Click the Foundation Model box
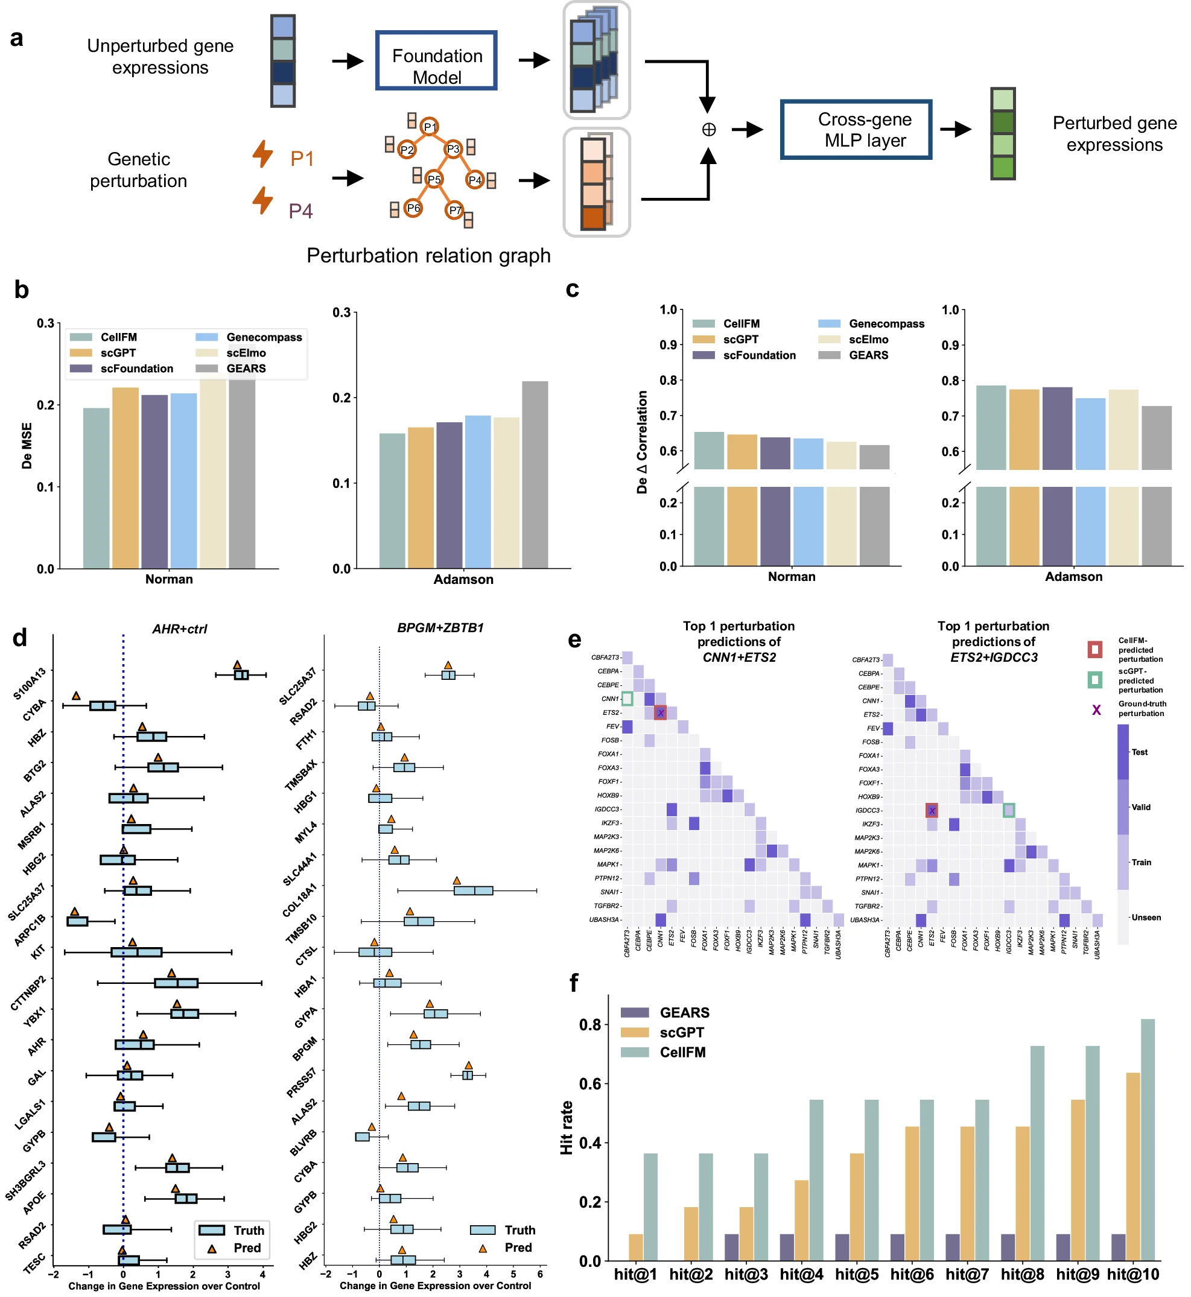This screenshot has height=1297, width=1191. pos(436,60)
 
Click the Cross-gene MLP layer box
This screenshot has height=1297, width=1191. pos(856,130)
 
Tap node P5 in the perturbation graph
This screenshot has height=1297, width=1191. pos(434,180)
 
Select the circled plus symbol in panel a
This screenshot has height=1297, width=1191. pos(708,130)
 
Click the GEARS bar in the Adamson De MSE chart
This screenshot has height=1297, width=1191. pos(535,475)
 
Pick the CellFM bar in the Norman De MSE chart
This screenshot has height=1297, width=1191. pos(96,488)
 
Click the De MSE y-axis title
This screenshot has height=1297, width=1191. pos(27,445)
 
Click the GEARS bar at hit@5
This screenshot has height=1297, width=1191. pos(842,1248)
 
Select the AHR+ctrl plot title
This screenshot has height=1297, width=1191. pos(180,629)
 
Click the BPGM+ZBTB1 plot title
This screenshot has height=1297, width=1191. pos(440,627)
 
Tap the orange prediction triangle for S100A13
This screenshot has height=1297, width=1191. pos(237,665)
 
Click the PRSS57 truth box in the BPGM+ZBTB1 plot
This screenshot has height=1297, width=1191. pos(468,1075)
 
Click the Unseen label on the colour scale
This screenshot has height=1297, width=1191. pos(1146,918)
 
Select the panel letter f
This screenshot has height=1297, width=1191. pos(574,983)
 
